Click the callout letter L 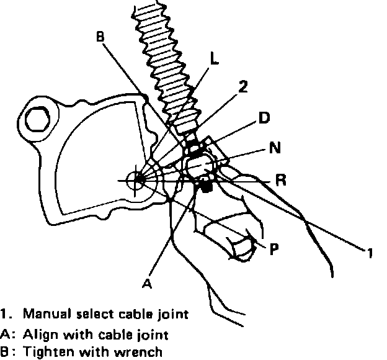coord(214,60)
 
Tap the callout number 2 coord(244,88)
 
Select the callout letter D coord(264,117)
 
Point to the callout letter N coord(274,149)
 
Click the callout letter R coord(280,181)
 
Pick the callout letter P coord(274,248)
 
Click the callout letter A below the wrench coord(146,283)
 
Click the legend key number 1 coord(4,315)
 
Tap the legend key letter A coord(5,334)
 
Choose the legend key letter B coord(5,353)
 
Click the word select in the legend coord(90,315)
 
